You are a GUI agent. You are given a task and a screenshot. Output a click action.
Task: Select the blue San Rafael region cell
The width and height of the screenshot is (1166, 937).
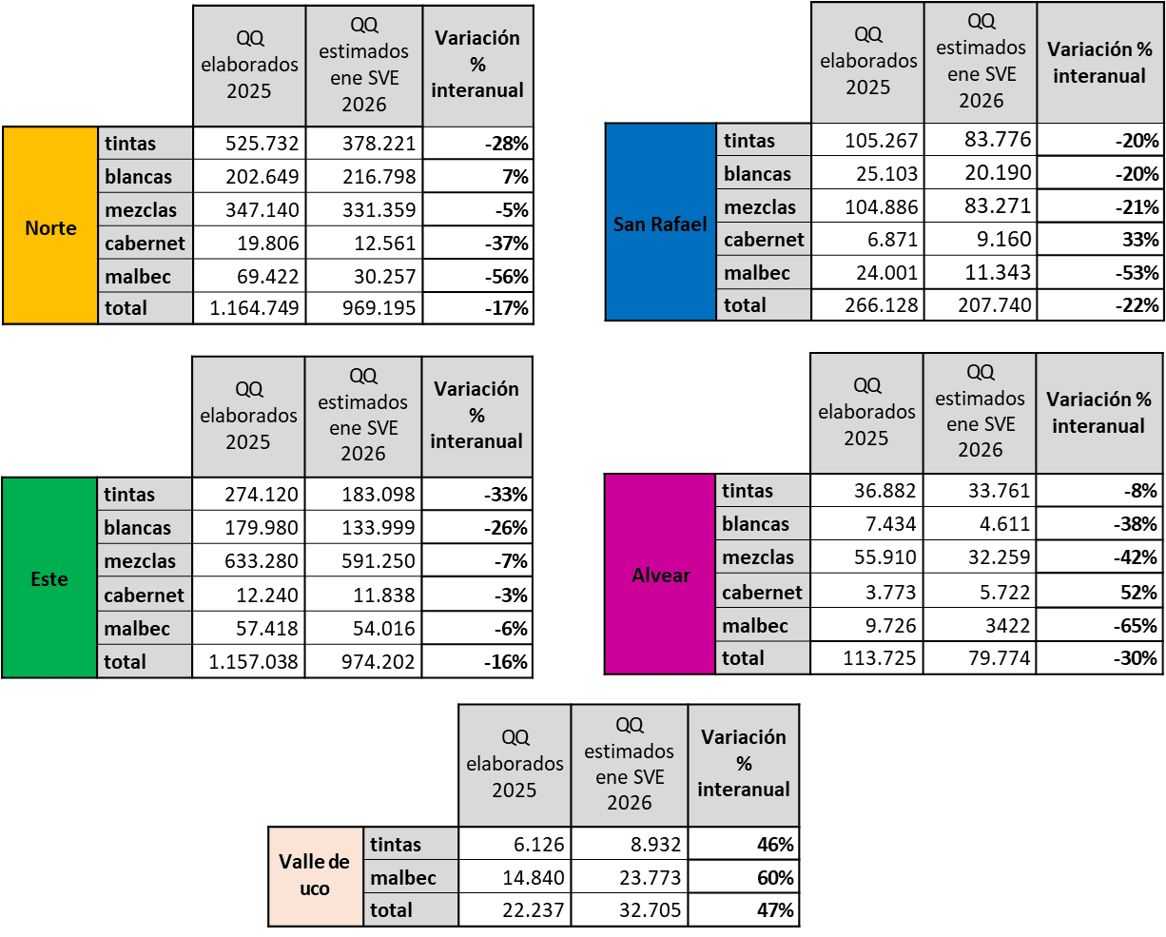(660, 224)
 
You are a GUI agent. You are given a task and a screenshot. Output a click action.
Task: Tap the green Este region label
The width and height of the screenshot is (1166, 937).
(49, 578)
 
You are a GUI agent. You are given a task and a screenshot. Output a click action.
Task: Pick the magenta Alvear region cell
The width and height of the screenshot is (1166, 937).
(660, 575)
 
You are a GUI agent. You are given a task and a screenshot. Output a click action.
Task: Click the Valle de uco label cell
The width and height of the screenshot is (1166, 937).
(315, 876)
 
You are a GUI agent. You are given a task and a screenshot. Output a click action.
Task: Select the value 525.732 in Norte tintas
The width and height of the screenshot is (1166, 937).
(250, 144)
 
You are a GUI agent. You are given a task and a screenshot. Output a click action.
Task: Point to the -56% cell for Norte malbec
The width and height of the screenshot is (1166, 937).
(477, 276)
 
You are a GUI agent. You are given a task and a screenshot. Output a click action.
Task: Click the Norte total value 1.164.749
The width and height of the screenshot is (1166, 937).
(250, 308)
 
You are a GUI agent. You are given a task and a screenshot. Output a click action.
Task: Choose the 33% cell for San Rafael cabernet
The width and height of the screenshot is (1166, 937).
(1100, 239)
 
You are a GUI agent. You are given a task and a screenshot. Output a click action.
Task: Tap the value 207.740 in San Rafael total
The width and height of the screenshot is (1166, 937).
(981, 305)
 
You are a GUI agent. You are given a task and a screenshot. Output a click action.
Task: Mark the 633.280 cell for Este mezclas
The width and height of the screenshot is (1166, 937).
(249, 561)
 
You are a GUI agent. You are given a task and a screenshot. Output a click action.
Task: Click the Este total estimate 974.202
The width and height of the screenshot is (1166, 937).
(363, 661)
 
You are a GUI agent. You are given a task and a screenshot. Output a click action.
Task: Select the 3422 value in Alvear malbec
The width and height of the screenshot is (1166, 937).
(981, 625)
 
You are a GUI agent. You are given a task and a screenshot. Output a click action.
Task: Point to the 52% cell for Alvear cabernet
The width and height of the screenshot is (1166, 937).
(1099, 592)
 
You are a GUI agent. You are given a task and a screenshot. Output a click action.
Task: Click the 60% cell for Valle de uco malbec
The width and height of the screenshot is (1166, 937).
(744, 877)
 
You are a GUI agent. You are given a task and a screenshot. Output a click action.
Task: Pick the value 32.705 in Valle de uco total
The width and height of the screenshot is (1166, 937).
(630, 910)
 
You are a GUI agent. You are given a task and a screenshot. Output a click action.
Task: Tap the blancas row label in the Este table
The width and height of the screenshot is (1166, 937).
(145, 528)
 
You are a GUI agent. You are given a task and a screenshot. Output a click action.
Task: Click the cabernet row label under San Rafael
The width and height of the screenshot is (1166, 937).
(764, 240)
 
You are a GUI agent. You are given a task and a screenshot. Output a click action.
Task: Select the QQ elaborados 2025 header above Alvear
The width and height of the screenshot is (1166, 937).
(866, 412)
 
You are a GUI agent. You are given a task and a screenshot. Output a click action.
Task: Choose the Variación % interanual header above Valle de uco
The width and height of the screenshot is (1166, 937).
(744, 763)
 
